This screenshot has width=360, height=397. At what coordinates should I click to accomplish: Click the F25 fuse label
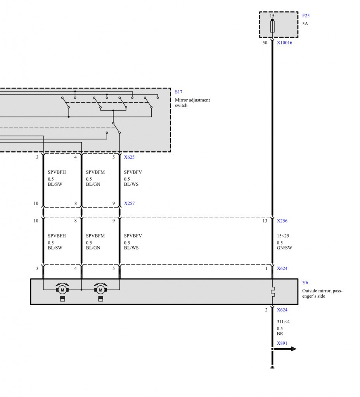click(x=306, y=16)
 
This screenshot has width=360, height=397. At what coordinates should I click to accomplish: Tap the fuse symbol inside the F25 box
click(x=272, y=27)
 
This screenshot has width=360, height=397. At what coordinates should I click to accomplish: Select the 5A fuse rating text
click(x=305, y=24)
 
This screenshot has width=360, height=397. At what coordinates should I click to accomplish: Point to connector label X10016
click(x=284, y=43)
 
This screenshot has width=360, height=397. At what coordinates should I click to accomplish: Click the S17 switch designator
click(x=178, y=92)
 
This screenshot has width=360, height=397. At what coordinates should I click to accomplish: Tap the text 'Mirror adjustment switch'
click(x=192, y=102)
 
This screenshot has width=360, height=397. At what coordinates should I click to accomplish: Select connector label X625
click(x=129, y=157)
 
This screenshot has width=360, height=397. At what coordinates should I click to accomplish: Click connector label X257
click(x=129, y=203)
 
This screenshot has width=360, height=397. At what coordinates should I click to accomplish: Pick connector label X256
click(x=282, y=221)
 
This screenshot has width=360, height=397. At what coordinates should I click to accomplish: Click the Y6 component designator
click(x=305, y=283)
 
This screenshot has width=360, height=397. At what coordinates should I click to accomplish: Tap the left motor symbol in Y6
click(x=62, y=289)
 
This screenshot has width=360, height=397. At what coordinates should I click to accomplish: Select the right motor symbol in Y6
click(x=100, y=289)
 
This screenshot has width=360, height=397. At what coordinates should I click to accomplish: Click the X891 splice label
click(x=282, y=343)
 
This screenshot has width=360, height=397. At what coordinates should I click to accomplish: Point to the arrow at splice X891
click(x=285, y=349)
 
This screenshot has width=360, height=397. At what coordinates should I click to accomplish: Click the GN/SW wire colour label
click(x=284, y=248)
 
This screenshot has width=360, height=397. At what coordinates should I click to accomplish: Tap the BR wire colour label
click(x=280, y=334)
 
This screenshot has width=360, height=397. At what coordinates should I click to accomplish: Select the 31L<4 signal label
click(x=283, y=322)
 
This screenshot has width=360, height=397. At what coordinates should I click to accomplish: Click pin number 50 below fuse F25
click(x=265, y=43)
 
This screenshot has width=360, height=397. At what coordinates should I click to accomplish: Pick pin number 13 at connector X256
click(x=265, y=221)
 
